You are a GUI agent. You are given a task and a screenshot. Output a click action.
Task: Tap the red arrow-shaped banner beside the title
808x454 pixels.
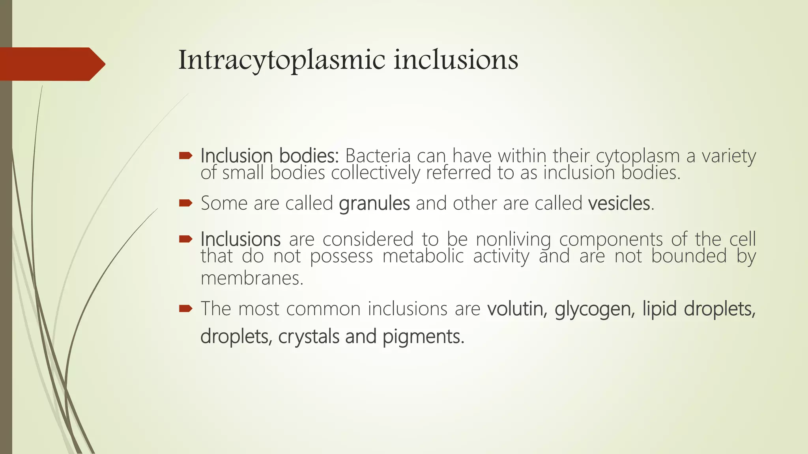coord(51,64)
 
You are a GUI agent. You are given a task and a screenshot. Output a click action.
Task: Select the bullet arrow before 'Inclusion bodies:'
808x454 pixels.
coord(185,156)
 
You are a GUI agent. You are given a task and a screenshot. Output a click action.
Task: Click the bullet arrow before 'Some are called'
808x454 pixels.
coord(185,203)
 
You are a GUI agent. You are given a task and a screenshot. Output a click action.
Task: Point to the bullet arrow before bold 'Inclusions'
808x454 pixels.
coord(185,239)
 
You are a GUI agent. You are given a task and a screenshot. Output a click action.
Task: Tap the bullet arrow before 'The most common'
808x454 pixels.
coord(185,308)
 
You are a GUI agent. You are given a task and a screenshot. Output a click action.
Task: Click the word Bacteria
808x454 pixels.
coord(378,156)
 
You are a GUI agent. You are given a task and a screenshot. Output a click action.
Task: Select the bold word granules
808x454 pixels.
coord(374,204)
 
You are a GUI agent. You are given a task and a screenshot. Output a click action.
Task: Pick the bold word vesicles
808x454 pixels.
coord(619,204)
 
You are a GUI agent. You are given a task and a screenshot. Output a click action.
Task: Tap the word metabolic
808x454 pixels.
coord(423,257)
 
